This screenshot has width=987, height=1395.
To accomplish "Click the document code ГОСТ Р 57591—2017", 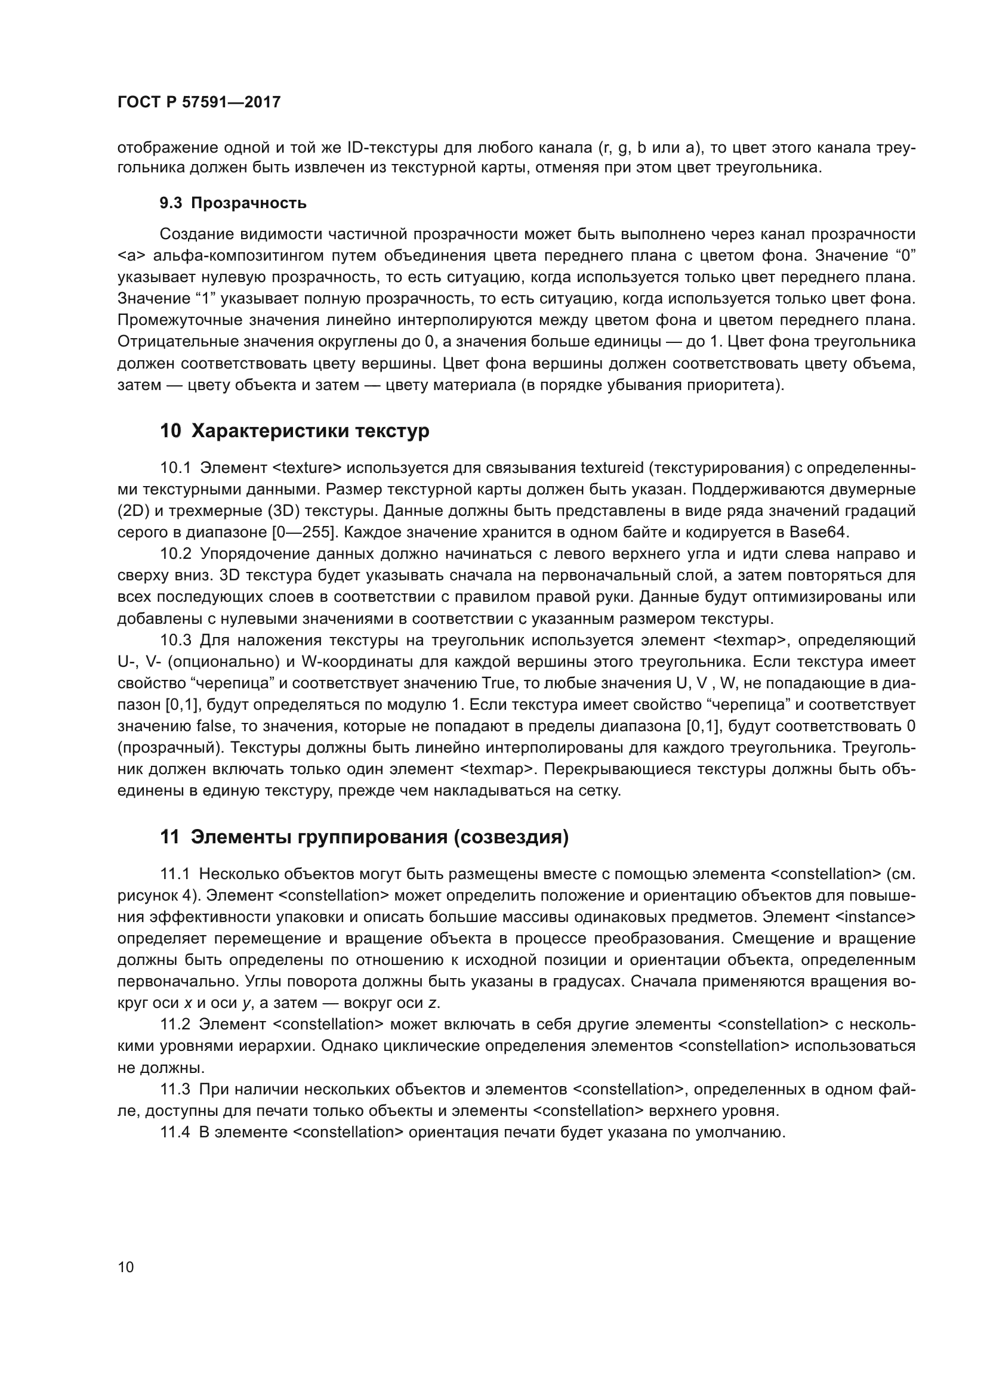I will click(x=199, y=102).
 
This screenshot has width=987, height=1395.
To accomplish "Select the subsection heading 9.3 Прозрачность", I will click(x=233, y=203).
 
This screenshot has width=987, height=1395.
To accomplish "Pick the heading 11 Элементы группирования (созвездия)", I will click(x=364, y=837).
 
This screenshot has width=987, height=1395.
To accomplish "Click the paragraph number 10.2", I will click(x=175, y=554).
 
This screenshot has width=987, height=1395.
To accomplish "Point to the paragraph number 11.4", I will click(x=175, y=1133).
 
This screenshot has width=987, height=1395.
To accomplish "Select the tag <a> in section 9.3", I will click(x=129, y=256).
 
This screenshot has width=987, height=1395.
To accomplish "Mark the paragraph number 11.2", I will click(x=175, y=1025).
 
